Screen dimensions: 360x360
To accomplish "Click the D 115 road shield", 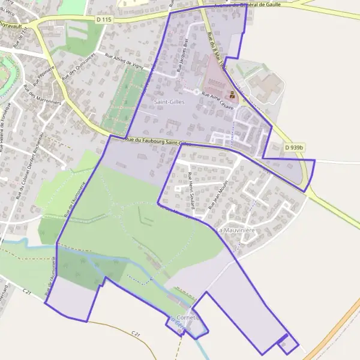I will pos(104,20).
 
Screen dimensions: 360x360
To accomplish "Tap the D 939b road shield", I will pos(295,147).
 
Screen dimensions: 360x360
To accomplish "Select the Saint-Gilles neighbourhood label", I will pos(169,102).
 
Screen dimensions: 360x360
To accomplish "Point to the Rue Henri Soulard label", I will pos(191,191).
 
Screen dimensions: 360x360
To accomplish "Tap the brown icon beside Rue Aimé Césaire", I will pos(232,94).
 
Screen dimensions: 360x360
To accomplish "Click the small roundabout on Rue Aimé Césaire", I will pos(196,91).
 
